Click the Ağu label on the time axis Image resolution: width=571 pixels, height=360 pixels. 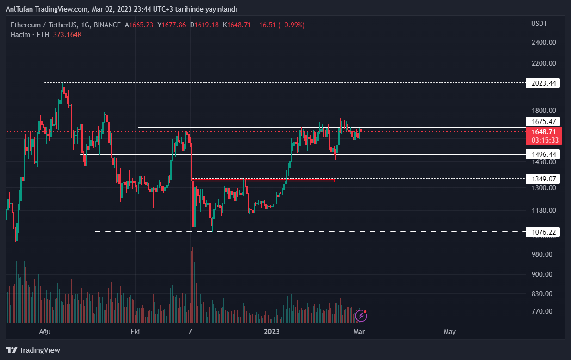44,332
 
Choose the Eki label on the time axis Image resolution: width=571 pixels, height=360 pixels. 135,332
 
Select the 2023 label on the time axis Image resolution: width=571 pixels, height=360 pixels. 272,332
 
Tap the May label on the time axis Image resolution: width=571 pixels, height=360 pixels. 449,332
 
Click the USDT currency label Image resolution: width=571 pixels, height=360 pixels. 539,24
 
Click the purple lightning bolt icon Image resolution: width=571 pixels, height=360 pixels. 360,316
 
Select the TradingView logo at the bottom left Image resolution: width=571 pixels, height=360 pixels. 33,350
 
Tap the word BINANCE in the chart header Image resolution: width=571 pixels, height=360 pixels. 107,25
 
